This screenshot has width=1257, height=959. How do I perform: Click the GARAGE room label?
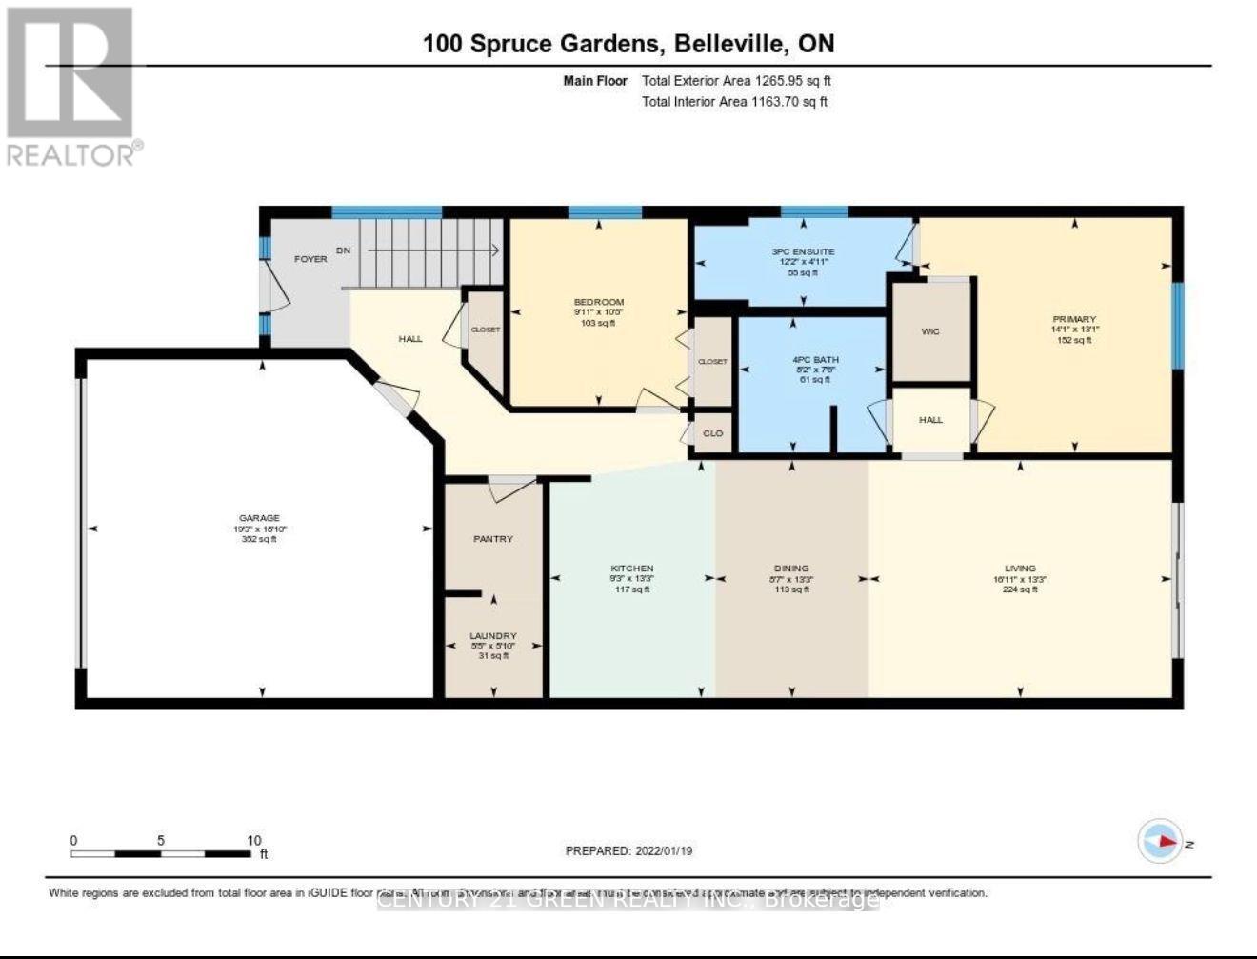(x=259, y=518)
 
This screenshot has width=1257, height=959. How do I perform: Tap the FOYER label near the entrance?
(x=310, y=259)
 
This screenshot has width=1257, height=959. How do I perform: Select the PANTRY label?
(x=493, y=539)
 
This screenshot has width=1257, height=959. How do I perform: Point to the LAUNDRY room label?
(x=493, y=636)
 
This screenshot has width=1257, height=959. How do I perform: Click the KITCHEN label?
(x=632, y=569)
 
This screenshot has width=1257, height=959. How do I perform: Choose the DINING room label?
(x=791, y=569)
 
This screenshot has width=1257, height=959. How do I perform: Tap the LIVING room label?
(x=1020, y=569)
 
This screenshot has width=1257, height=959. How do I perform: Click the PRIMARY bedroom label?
(x=1075, y=319)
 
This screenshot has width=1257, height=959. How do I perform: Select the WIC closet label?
(x=930, y=331)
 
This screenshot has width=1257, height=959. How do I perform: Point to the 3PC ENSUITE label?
(x=803, y=251)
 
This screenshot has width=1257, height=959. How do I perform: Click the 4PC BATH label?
(x=815, y=360)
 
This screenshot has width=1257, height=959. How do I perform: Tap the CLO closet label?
(x=712, y=433)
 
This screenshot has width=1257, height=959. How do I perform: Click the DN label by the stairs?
(x=343, y=250)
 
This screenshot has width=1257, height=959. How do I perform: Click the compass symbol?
(x=1161, y=842)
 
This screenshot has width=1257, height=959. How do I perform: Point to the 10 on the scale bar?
(x=254, y=841)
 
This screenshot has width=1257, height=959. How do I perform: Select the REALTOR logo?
(x=71, y=86)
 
